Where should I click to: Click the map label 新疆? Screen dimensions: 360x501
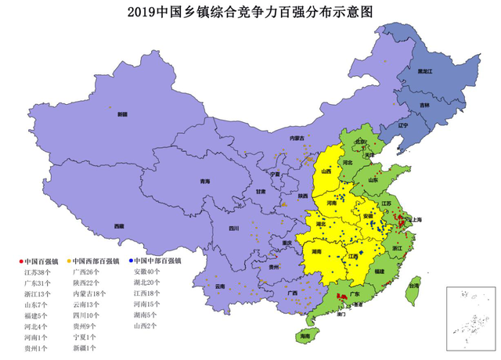pyautogui.click(x=122, y=114)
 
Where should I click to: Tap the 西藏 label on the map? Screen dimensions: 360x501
pyautogui.click(x=118, y=226)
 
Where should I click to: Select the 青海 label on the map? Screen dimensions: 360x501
pyautogui.click(x=205, y=182)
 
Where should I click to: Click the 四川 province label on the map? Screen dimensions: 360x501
pyautogui.click(x=233, y=229)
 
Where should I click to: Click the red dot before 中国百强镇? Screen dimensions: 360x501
pyautogui.click(x=20, y=261)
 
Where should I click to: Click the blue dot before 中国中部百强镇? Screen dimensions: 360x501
pyautogui.click(x=131, y=261)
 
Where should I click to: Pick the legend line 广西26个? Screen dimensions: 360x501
pyautogui.click(x=87, y=272)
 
